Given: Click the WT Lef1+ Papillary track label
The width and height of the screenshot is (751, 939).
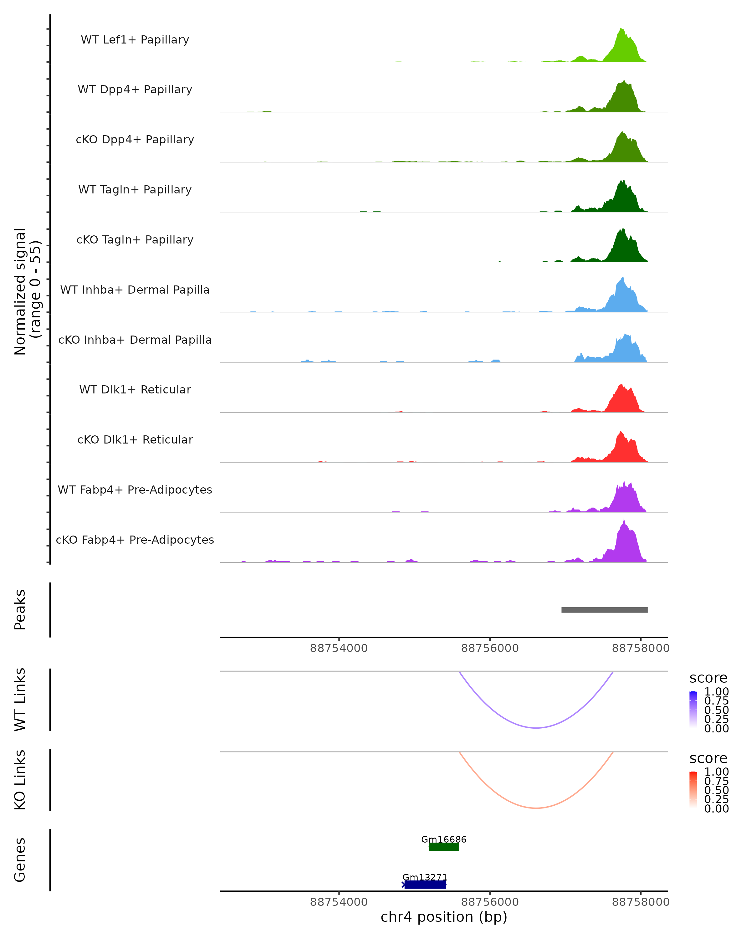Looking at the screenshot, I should pyautogui.click(x=135, y=40).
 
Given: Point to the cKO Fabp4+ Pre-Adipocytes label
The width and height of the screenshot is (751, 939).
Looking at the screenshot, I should pyautogui.click(x=135, y=540).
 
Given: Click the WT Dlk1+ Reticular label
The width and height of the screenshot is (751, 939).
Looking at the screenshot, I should pyautogui.click(x=135, y=389).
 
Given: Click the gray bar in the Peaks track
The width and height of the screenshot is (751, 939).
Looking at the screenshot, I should pyautogui.click(x=604, y=610).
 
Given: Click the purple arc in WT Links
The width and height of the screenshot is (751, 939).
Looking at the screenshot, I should pyautogui.click(x=536, y=727).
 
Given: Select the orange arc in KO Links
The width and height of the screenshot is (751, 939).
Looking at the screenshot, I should pyautogui.click(x=536, y=808).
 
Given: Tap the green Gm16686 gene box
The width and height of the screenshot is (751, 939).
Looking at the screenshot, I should pyautogui.click(x=444, y=847).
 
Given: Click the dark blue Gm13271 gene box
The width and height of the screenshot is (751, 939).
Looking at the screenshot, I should pyautogui.click(x=425, y=884).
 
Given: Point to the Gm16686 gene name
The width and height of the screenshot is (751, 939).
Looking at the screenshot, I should pyautogui.click(x=444, y=839).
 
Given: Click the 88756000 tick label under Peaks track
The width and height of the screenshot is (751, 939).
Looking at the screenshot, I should pyautogui.click(x=490, y=648).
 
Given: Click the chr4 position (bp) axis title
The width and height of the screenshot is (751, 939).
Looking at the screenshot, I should pyautogui.click(x=444, y=917).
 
